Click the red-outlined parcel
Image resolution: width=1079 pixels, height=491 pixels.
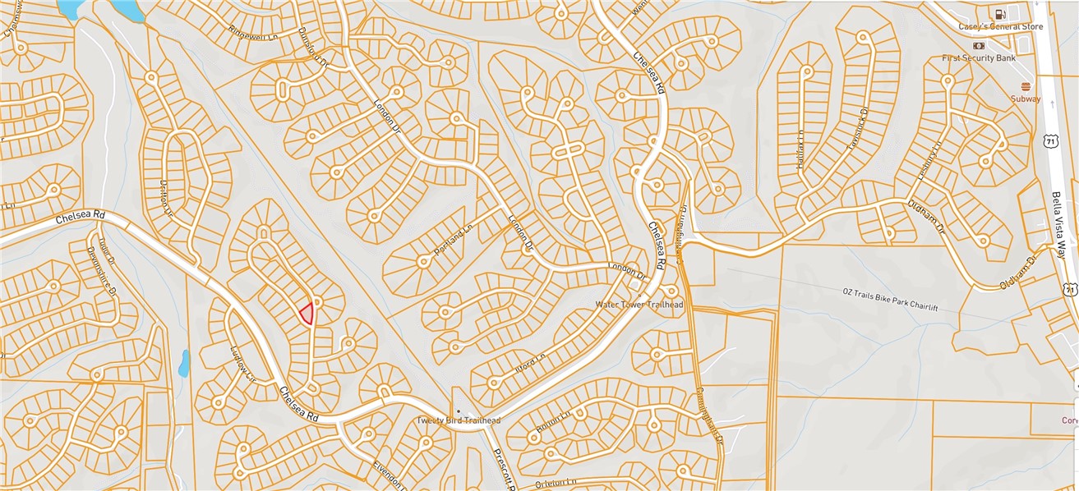click(307, 314)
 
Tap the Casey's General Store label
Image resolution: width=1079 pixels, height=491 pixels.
click(1000, 27)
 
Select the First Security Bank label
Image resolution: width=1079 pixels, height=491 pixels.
click(979, 58)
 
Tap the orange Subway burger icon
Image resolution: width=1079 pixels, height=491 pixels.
click(1026, 86)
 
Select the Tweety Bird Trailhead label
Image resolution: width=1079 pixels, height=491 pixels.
click(458, 420)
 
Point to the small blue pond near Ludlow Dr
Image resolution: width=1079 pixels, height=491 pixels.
click(184, 362)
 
